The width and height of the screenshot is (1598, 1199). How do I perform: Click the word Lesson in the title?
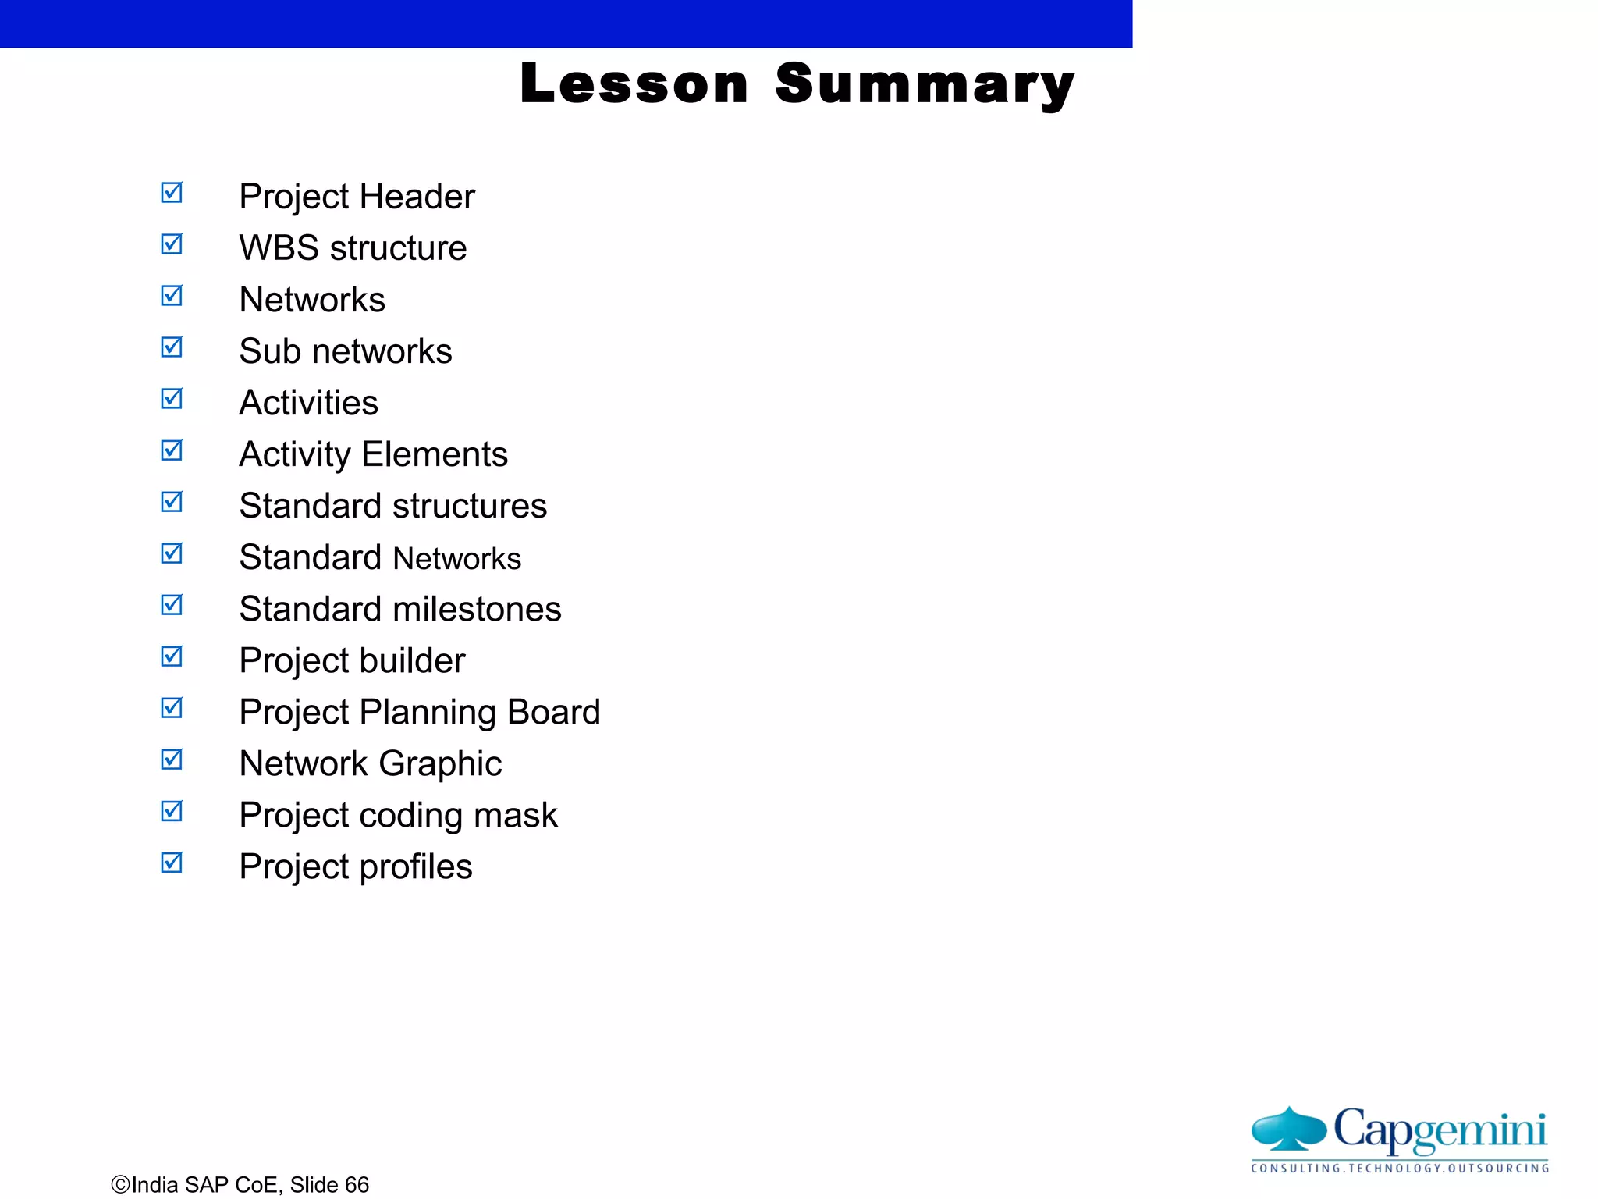(634, 84)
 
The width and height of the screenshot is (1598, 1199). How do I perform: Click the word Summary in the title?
(925, 85)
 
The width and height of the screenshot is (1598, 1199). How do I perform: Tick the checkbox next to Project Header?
(172, 193)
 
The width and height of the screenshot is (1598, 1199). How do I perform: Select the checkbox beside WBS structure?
(172, 244)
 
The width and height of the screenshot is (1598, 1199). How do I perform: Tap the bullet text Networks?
(312, 300)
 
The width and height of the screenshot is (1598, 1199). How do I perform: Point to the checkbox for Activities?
(172, 399)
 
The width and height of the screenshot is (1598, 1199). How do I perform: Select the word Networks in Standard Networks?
(457, 559)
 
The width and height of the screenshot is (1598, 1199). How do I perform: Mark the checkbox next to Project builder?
(172, 656)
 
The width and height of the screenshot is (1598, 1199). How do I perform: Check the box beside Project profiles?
(172, 863)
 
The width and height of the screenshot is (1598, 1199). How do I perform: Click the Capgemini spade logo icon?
(1289, 1129)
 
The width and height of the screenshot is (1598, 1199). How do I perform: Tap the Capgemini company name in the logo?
(1440, 1130)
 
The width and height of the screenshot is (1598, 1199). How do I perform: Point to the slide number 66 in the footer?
(357, 1185)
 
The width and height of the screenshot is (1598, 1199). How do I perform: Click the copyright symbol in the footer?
(120, 1185)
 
